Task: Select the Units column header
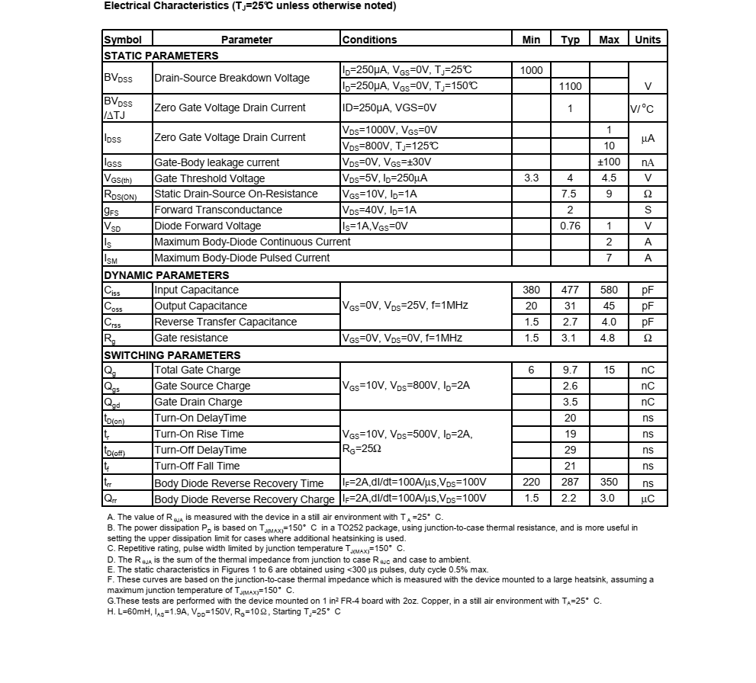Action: pos(648,40)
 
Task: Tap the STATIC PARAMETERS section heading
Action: pos(161,56)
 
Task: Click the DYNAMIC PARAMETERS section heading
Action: pos(166,275)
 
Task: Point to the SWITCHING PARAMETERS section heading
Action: pos(172,355)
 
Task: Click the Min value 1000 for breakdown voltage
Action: pos(531,70)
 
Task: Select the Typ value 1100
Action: pos(570,86)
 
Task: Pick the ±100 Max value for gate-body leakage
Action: pos(609,162)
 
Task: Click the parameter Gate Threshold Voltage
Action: pos(210,178)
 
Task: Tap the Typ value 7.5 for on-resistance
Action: pos(570,194)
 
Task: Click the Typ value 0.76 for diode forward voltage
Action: pos(570,226)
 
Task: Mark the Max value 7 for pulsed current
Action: pos(609,258)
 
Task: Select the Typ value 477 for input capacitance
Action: pos(570,290)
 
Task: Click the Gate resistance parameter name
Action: pos(191,338)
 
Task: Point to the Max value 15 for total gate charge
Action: pos(609,370)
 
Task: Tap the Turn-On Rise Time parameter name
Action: pos(199,434)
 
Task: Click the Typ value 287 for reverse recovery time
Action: pos(570,483)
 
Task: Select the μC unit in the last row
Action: pos(648,499)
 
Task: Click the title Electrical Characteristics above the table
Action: pos(249,6)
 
